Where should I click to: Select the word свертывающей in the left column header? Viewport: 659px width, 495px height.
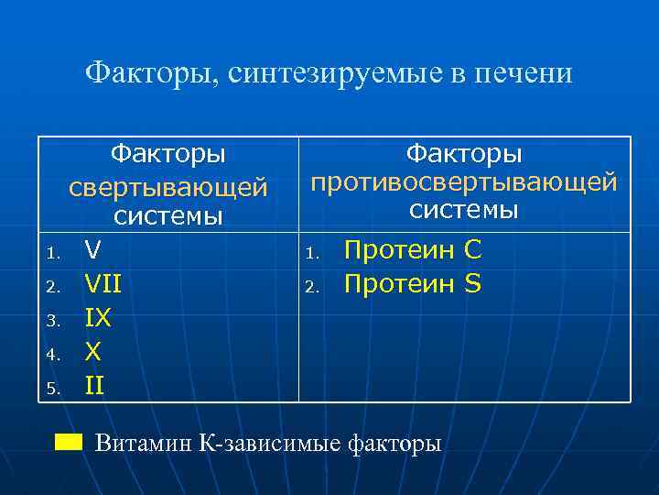[x=167, y=186]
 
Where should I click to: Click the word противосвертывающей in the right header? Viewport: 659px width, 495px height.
[x=464, y=181]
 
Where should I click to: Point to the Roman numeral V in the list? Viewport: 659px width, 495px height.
[x=92, y=249]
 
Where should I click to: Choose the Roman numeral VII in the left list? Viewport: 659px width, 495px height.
[x=103, y=284]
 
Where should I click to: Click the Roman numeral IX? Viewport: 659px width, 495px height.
[x=97, y=318]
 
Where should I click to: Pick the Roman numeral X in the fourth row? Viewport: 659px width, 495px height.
[x=92, y=352]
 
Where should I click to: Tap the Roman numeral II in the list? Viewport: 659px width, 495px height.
[x=94, y=386]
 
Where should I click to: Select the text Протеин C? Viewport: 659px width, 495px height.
[x=412, y=249]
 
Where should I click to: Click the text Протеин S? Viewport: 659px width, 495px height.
[x=412, y=284]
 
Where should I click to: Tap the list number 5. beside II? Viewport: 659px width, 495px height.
[x=54, y=389]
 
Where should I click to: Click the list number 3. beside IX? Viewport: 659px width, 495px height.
[x=54, y=321]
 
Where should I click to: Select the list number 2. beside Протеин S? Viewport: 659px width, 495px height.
[x=311, y=287]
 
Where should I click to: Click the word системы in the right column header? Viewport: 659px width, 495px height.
[x=464, y=210]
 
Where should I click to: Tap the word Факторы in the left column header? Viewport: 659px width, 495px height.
[x=167, y=154]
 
